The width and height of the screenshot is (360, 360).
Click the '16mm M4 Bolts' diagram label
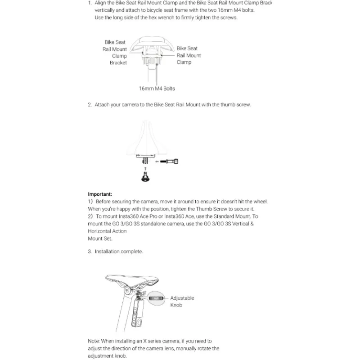pos(157,89)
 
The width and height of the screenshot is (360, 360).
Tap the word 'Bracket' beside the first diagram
pos(118,63)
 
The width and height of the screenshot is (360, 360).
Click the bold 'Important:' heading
pos(99,194)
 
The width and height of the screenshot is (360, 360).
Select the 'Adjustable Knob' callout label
pos(182,301)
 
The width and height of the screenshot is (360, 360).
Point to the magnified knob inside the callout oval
pos(155,298)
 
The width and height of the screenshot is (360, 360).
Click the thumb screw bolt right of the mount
pos(171,161)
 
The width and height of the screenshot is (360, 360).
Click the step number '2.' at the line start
pos(90,105)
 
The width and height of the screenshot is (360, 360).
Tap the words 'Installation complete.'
pos(119,252)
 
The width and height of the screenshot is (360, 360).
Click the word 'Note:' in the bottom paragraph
pos(94,341)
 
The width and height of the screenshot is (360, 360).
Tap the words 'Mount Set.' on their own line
pos(100,238)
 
